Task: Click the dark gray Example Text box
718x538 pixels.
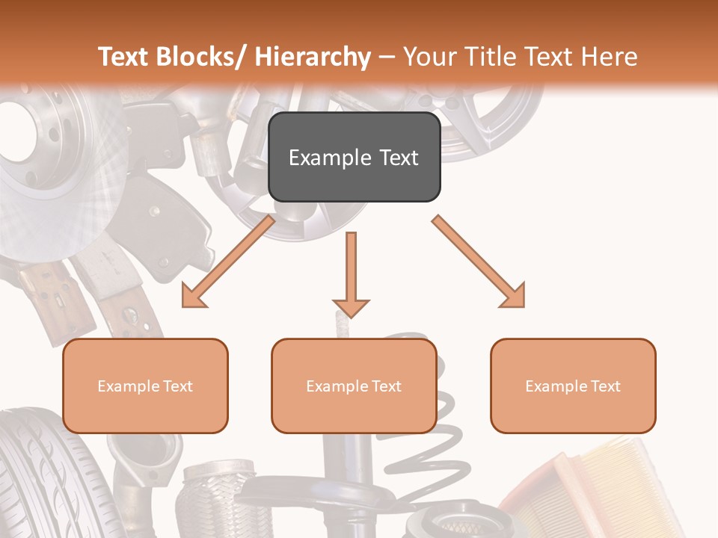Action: point(354,158)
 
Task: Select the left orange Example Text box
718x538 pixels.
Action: point(145,386)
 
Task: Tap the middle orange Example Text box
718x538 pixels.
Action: point(354,386)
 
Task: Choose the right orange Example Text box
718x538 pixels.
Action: point(573,386)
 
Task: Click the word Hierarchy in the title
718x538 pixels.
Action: point(313,58)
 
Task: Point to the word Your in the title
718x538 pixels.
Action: point(429,58)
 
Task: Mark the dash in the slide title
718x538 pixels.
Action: point(387,58)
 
